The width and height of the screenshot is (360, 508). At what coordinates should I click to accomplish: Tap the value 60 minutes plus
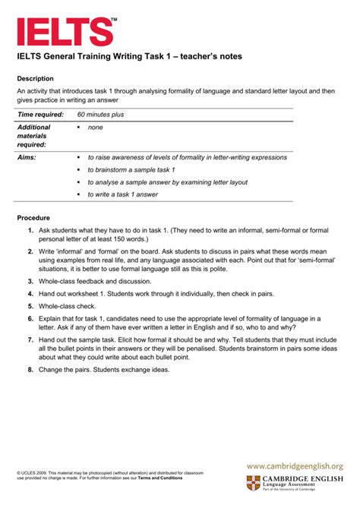106,114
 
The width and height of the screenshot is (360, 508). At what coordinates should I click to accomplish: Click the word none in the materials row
95,128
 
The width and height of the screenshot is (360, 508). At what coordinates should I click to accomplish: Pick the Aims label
27,157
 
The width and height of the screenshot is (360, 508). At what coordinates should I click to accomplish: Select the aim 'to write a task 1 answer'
122,194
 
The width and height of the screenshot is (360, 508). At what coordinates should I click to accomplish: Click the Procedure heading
33,218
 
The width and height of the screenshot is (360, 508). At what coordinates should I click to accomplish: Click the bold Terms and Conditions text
160,478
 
